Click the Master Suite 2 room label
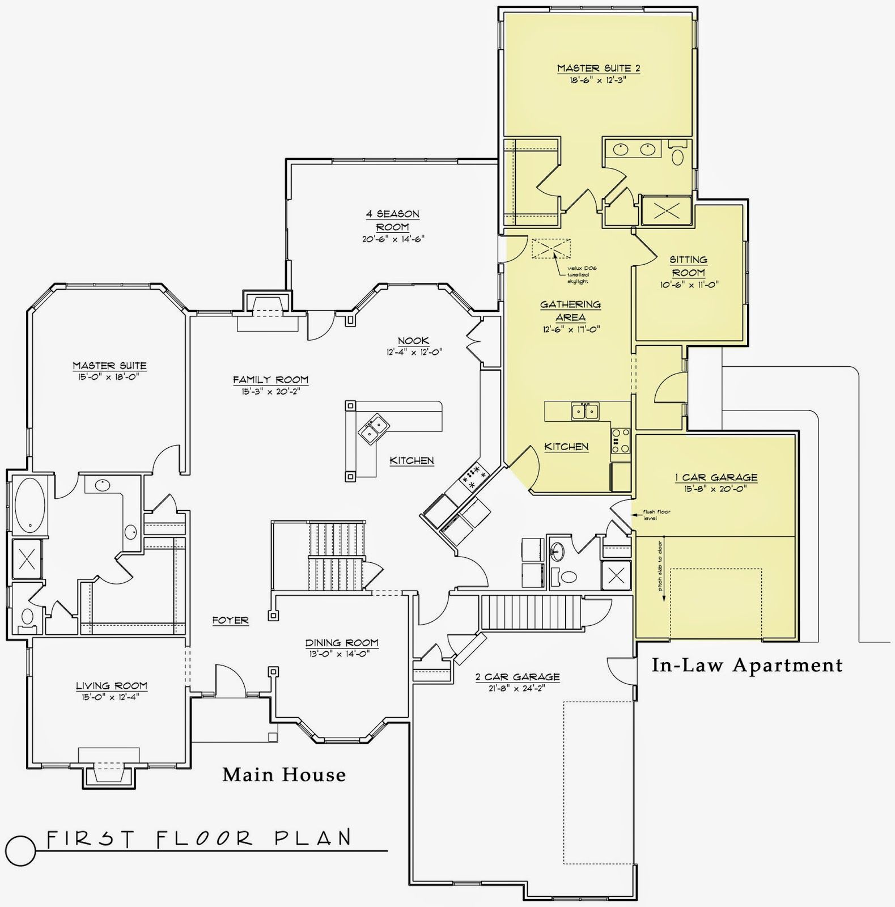click(x=598, y=69)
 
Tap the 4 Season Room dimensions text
click(x=393, y=240)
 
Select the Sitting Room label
click(x=688, y=266)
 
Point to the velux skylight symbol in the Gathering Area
click(x=551, y=248)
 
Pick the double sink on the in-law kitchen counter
click(x=585, y=410)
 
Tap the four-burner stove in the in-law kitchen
click(x=620, y=440)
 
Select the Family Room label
click(x=270, y=380)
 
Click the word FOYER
click(x=230, y=620)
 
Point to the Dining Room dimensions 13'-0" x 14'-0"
click(x=341, y=653)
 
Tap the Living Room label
click(x=111, y=686)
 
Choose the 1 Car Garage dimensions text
click(x=716, y=488)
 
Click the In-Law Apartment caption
click(x=746, y=665)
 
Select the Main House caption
click(x=283, y=774)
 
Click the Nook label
click(x=413, y=341)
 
